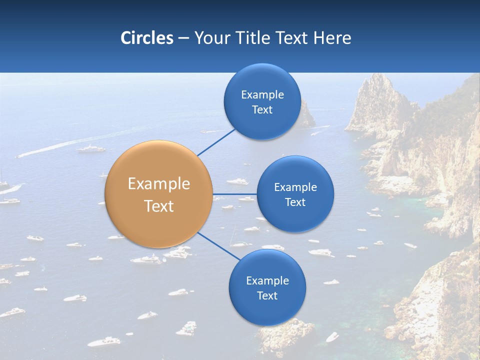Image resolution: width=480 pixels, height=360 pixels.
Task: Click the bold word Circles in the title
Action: click(x=146, y=38)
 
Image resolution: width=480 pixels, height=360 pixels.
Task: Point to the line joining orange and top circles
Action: click(x=216, y=142)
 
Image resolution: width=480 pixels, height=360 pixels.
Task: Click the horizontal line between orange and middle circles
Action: click(x=234, y=194)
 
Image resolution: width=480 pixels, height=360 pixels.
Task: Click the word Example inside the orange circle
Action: click(x=158, y=184)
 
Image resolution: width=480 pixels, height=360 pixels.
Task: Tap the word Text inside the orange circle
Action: click(x=158, y=206)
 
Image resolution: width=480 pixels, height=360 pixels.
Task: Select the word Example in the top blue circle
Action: click(x=262, y=95)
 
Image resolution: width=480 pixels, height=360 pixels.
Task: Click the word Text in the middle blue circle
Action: click(x=295, y=202)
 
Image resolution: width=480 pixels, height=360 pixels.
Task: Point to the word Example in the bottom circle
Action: click(x=267, y=281)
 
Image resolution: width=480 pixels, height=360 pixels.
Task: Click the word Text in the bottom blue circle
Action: click(x=267, y=296)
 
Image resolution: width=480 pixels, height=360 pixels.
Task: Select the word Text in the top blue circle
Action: click(x=262, y=110)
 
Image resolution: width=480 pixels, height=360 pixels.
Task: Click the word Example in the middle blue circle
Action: click(x=295, y=187)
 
